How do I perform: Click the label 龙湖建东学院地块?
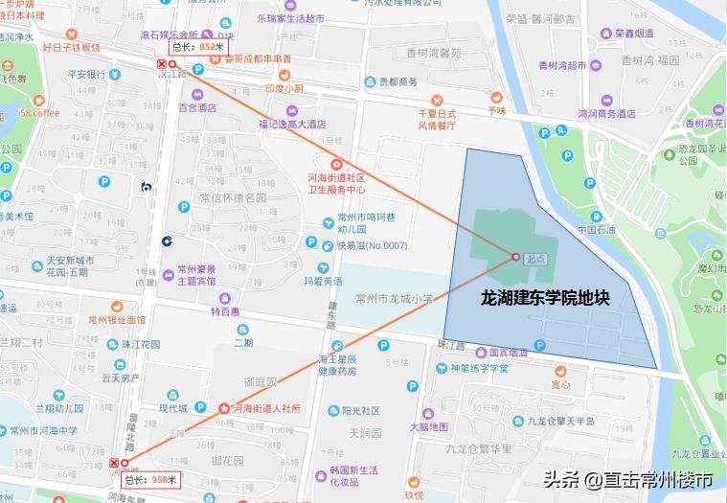click(545, 299)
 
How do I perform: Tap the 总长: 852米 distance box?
click(199, 46)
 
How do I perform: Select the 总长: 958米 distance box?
click(152, 478)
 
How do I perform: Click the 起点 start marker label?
click(536, 259)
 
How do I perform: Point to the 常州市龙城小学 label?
click(394, 297)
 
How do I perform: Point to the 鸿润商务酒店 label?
click(606, 113)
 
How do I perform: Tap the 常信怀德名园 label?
click(232, 198)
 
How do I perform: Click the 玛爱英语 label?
click(323, 282)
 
